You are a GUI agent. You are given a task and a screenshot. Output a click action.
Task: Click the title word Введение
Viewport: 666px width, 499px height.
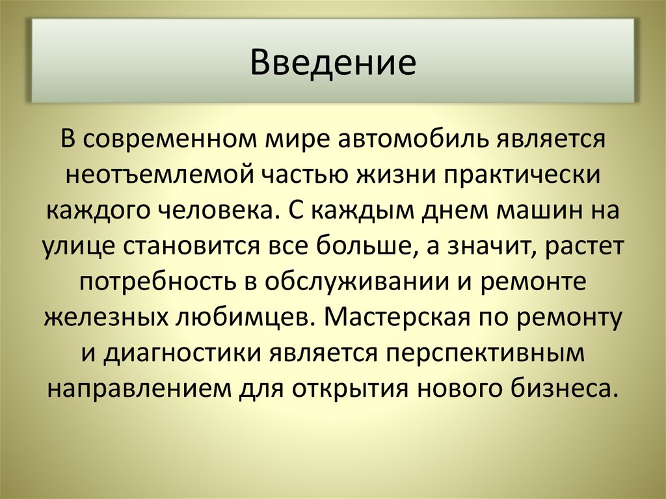coord(333,63)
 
